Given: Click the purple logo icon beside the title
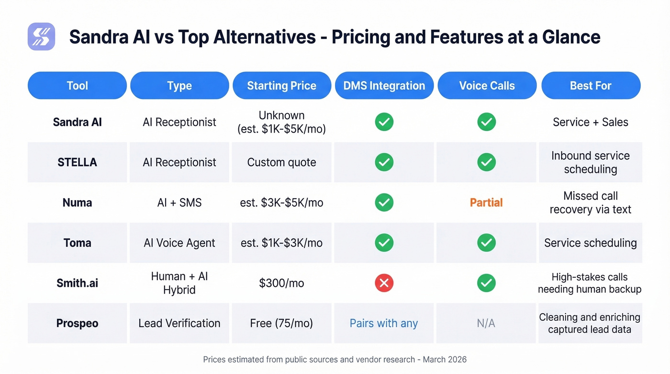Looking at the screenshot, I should click(x=42, y=36).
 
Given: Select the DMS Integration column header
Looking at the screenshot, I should click(x=384, y=86).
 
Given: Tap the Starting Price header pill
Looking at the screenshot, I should click(x=281, y=86).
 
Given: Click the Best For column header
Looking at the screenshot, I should click(x=591, y=86).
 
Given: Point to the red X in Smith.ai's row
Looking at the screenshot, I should click(x=384, y=283).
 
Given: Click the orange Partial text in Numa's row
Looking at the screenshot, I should click(x=486, y=203).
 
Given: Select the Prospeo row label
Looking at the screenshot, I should click(x=77, y=323).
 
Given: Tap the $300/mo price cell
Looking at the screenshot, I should click(x=281, y=283).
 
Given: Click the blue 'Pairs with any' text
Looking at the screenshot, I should click(x=384, y=323).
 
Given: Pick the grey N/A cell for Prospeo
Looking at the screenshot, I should click(x=486, y=323).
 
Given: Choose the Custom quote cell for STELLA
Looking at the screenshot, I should click(x=281, y=162).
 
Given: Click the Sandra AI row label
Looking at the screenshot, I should click(x=77, y=122).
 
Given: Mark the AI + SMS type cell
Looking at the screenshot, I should click(x=179, y=203).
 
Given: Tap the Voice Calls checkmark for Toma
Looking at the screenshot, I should click(x=486, y=243).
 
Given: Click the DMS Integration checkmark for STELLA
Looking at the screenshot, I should click(x=384, y=162).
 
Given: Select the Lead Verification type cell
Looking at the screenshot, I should click(x=179, y=323).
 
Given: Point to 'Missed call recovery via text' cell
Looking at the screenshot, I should click(x=591, y=203).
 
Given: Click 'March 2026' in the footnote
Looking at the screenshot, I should click(x=445, y=359).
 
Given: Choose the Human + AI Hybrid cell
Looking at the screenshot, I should click(x=179, y=283).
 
